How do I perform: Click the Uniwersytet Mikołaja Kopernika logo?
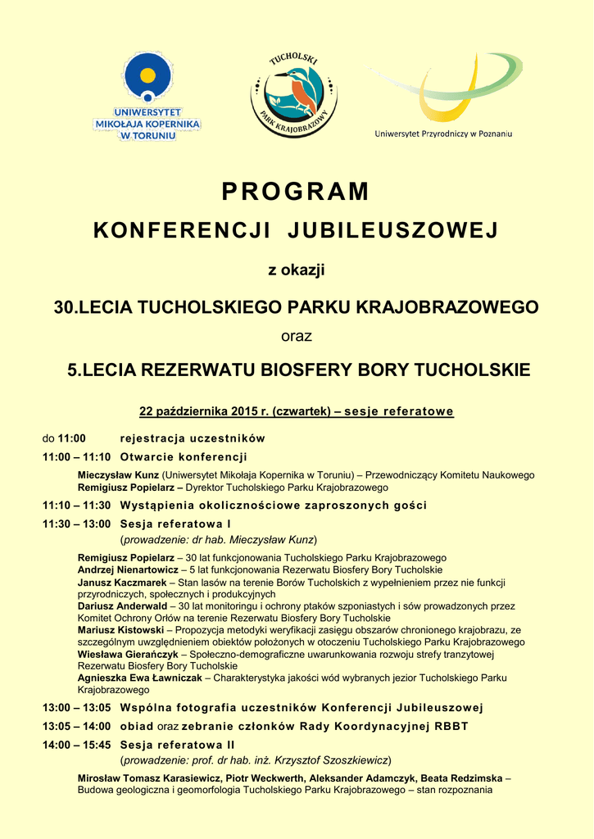click(148, 95)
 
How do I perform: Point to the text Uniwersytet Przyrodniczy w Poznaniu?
click(443, 134)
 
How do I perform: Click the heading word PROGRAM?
click(296, 192)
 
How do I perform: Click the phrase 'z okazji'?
click(297, 270)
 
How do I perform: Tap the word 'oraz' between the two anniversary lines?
click(297, 336)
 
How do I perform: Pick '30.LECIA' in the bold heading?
click(93, 308)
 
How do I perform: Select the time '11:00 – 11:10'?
click(76, 457)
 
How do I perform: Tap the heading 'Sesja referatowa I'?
click(175, 524)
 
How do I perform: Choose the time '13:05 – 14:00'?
click(76, 726)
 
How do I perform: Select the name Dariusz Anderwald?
click(121, 606)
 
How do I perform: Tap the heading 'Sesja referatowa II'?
click(177, 745)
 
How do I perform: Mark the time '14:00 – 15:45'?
click(76, 745)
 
